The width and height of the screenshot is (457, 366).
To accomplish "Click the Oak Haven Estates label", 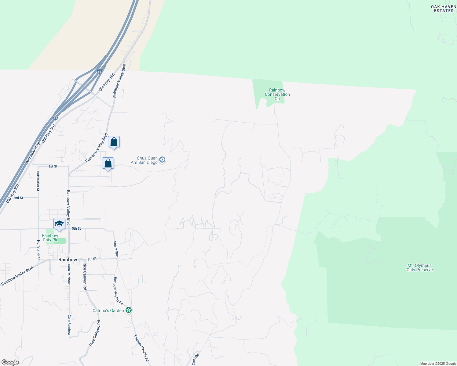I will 444,9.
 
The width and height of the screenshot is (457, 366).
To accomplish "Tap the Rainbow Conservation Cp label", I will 277,94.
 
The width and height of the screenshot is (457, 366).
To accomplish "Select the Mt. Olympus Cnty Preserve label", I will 419,267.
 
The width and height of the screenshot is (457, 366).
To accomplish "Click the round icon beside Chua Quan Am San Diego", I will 163,160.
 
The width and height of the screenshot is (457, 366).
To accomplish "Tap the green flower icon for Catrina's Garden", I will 129,310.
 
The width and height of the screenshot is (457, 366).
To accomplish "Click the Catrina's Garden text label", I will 108,310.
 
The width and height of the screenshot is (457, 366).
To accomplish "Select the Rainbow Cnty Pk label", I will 50,238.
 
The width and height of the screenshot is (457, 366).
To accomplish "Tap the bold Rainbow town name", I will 68,260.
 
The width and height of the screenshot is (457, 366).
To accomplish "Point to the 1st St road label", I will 53,167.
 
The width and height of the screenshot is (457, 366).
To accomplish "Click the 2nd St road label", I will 18,198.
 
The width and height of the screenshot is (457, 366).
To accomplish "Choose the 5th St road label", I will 76,228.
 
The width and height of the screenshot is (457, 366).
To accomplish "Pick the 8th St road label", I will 92,259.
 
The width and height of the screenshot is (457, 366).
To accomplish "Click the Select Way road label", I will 115,249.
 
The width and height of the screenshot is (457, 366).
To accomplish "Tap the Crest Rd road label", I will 196,359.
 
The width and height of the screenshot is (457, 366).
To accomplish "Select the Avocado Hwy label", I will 33,152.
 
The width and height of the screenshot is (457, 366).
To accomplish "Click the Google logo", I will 10,362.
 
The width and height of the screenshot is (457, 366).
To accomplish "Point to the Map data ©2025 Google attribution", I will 438,364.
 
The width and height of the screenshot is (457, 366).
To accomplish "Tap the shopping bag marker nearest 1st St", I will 108,163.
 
